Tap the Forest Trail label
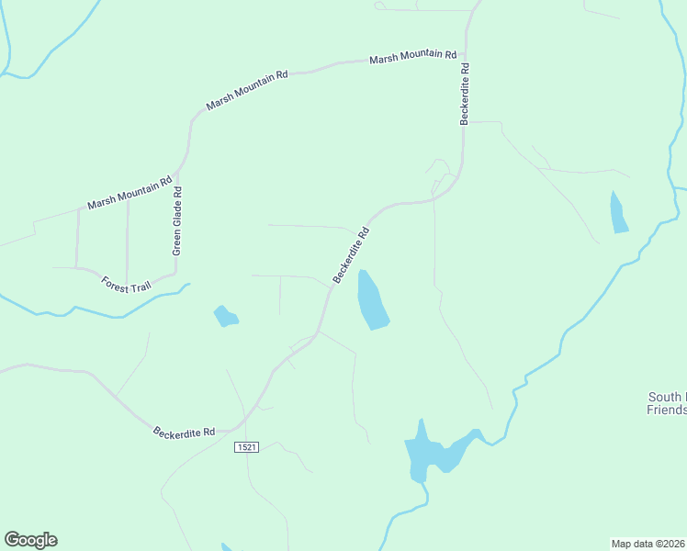click(126, 287)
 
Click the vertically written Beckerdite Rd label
click(466, 93)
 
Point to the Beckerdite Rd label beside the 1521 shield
click(184, 431)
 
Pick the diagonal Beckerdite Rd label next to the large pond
click(351, 255)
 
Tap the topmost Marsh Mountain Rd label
click(412, 57)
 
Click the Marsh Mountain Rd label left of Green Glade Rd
click(130, 193)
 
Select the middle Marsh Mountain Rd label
click(247, 89)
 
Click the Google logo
click(30, 540)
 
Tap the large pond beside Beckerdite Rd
click(372, 299)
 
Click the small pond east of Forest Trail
click(225, 317)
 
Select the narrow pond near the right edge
click(619, 212)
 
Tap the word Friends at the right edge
click(666, 410)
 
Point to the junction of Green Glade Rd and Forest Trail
click(174, 272)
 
